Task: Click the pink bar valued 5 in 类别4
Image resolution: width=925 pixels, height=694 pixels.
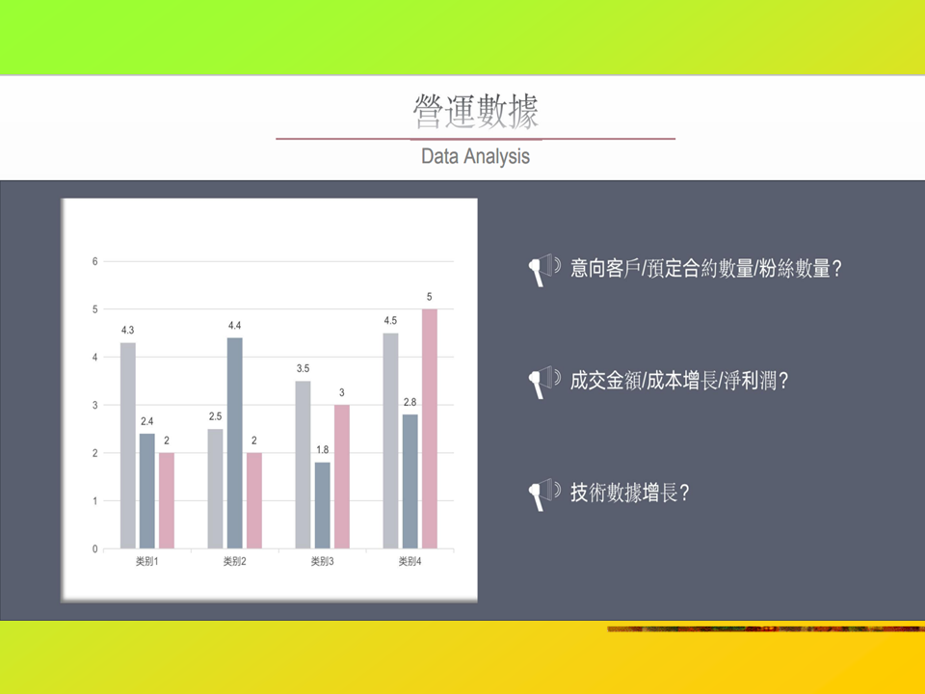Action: pyautogui.click(x=430, y=428)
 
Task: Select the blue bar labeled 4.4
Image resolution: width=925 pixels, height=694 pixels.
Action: pyautogui.click(x=235, y=443)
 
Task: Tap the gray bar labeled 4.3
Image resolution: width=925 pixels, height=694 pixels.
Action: pyautogui.click(x=128, y=445)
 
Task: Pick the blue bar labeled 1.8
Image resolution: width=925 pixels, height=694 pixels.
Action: pyautogui.click(x=322, y=505)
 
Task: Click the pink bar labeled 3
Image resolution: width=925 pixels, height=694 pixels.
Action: pyautogui.click(x=341, y=477)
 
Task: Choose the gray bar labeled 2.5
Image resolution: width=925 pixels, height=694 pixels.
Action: pyautogui.click(x=215, y=489)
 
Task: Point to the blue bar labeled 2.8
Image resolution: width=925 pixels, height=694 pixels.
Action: pyautogui.click(x=410, y=482)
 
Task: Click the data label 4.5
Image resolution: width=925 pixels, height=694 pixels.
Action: pyautogui.click(x=390, y=320)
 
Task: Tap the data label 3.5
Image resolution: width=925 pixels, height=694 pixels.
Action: pyautogui.click(x=303, y=368)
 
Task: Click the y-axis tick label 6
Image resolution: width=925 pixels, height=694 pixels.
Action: pyautogui.click(x=95, y=261)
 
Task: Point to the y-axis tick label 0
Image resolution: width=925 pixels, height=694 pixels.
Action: pyautogui.click(x=95, y=548)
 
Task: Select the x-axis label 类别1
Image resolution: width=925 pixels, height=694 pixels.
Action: pyautogui.click(x=146, y=561)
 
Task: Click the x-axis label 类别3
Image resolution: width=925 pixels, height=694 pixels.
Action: pyautogui.click(x=322, y=561)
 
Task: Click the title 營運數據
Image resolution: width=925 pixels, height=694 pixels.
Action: pyautogui.click(x=475, y=111)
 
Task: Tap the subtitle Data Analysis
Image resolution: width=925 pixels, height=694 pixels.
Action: pyautogui.click(x=475, y=156)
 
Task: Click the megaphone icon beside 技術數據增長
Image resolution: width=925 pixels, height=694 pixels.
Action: pyautogui.click(x=543, y=494)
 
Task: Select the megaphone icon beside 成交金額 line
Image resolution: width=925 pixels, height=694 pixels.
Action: pyautogui.click(x=543, y=382)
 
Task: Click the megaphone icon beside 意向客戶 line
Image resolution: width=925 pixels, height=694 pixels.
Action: pyautogui.click(x=543, y=270)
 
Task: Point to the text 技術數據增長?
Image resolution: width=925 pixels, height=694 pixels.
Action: pyautogui.click(x=629, y=493)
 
